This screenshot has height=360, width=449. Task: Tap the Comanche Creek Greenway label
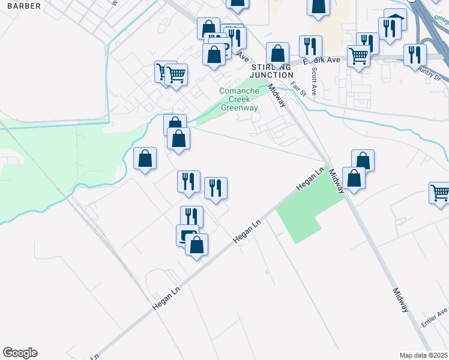239,100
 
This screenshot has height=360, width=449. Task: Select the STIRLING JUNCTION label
270,71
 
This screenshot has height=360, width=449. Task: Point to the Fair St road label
298,89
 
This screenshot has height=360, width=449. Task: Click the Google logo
20,353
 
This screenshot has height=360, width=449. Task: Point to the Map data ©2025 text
423,355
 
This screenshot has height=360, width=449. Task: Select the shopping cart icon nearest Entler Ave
440,193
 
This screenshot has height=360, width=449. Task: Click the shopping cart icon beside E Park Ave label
358,56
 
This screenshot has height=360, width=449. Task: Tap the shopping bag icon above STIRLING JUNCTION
277,53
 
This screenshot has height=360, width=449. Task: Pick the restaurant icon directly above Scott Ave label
310,46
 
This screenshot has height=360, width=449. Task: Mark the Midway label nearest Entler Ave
401,300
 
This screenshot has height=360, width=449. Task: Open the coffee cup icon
187,235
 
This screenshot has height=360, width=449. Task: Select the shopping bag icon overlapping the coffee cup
197,244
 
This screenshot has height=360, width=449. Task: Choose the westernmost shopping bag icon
145,159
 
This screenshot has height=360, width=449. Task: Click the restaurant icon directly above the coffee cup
191,217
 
